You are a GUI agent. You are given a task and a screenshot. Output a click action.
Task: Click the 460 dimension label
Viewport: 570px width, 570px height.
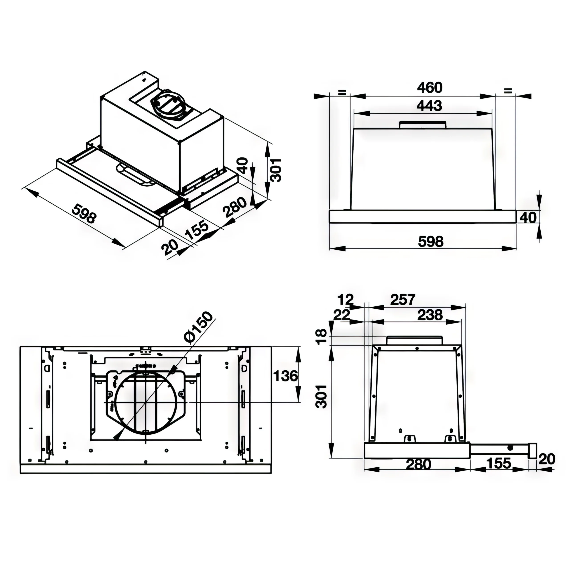coord(430,88)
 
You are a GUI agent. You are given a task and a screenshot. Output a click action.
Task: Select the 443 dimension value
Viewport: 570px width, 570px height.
coord(429,106)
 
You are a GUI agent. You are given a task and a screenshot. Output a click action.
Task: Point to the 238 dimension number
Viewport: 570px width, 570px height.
coord(430,315)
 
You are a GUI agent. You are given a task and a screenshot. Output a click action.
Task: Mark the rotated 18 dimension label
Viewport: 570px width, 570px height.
coord(321,337)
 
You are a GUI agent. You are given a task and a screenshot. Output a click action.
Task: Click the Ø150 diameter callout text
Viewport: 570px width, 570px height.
coord(198,328)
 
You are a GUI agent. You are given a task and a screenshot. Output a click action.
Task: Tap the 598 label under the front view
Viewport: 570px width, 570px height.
coord(431,242)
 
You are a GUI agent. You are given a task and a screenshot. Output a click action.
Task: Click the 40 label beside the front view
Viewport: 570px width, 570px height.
coord(528,218)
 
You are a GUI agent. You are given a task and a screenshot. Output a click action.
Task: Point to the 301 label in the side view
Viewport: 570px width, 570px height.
coord(321,397)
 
